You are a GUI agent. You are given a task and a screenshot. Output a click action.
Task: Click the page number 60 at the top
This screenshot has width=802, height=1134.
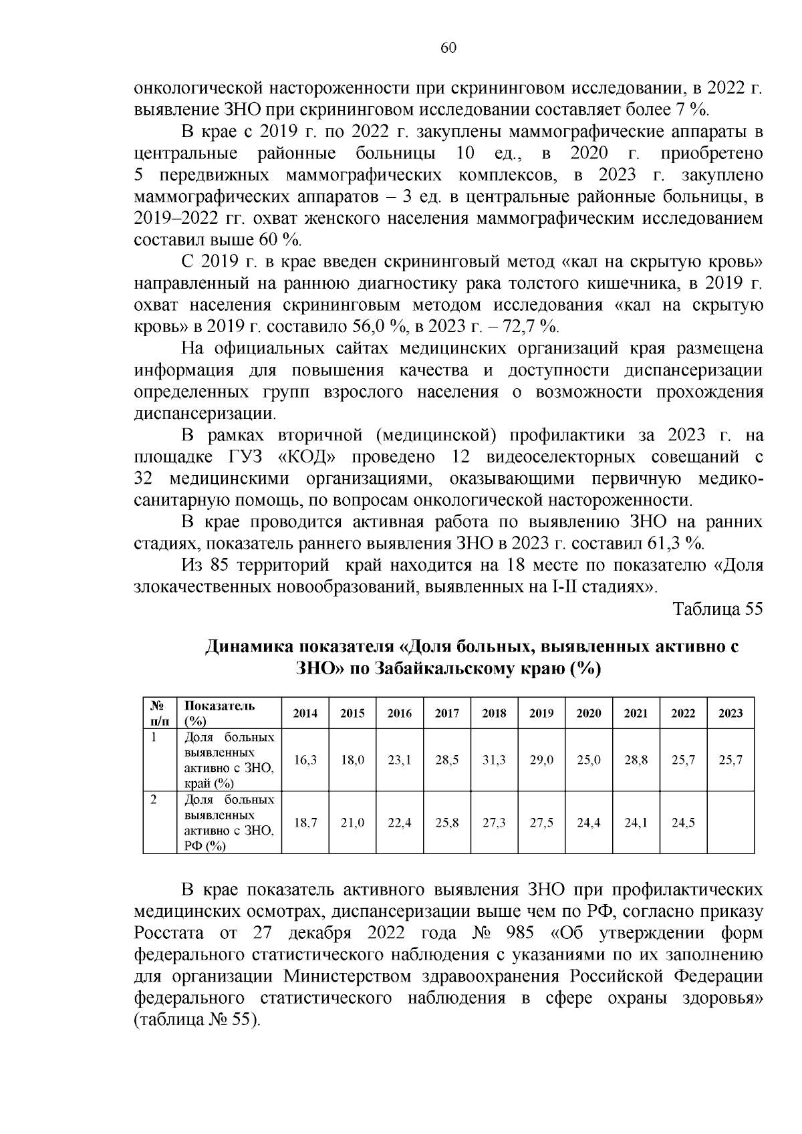(x=448, y=47)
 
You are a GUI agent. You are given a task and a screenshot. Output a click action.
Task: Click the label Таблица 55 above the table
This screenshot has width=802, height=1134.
(x=717, y=609)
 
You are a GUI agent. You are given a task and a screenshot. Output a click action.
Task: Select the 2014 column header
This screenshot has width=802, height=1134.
(x=305, y=713)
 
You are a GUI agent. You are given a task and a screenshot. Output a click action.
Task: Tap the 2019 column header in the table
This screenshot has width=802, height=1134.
(x=541, y=713)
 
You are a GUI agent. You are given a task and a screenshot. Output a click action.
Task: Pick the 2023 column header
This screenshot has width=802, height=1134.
(x=730, y=713)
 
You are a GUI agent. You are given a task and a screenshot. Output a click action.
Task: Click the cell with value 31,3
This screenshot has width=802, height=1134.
(x=494, y=760)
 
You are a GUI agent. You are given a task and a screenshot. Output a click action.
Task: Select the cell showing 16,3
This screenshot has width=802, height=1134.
(x=305, y=760)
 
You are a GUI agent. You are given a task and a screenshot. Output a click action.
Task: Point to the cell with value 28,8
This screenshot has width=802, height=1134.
(x=636, y=760)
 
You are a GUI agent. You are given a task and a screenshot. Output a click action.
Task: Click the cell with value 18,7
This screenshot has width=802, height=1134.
(x=305, y=823)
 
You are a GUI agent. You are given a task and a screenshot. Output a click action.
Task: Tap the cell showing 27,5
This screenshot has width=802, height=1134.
(x=541, y=823)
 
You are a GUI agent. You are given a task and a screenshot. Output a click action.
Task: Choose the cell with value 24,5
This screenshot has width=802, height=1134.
(x=683, y=823)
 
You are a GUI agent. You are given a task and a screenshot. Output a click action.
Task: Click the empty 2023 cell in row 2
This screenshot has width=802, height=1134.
(x=730, y=823)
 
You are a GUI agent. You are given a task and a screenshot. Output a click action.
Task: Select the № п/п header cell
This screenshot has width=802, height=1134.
(x=159, y=713)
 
